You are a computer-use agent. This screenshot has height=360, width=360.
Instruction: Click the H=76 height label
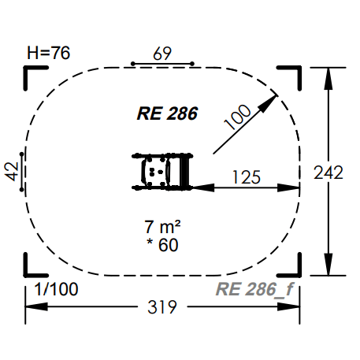point(49,53)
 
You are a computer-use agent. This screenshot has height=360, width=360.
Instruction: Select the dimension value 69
point(162,54)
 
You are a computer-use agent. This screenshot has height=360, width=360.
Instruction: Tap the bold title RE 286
point(167,113)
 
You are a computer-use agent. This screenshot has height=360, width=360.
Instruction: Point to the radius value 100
point(238,117)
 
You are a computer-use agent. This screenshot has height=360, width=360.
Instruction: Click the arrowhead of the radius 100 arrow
point(269,103)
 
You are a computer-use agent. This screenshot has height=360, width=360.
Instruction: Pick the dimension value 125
point(247,177)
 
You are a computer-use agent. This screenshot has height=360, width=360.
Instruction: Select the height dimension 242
point(328,173)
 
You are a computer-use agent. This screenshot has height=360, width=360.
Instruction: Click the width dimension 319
point(162,307)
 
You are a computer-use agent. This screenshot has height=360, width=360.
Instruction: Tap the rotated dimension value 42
point(12,172)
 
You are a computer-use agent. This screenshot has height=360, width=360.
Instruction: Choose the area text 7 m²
point(162,227)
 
